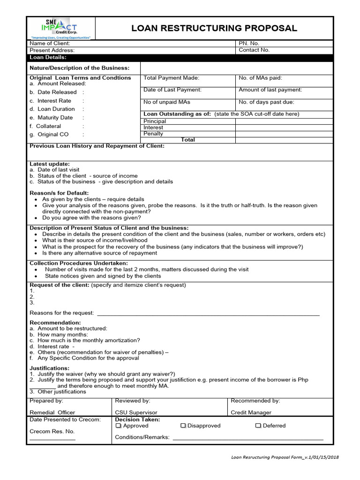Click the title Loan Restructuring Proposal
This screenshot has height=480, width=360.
[214, 28]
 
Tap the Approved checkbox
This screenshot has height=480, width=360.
[119, 426]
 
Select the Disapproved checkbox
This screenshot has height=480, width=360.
[183, 426]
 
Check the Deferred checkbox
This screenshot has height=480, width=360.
[258, 426]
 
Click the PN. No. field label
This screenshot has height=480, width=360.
[249, 43]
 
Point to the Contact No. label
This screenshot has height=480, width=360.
[254, 50]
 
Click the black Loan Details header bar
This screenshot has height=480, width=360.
[180, 58]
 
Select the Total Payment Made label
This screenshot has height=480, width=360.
[172, 78]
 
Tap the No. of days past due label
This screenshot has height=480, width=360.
[266, 102]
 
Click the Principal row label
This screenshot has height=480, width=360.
[155, 121]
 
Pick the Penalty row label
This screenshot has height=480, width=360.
[153, 134]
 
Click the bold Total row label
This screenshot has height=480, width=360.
[187, 140]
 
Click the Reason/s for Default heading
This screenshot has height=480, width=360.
[59, 193]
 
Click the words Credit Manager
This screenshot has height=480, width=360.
[251, 412]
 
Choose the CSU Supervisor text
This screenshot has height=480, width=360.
[137, 412]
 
